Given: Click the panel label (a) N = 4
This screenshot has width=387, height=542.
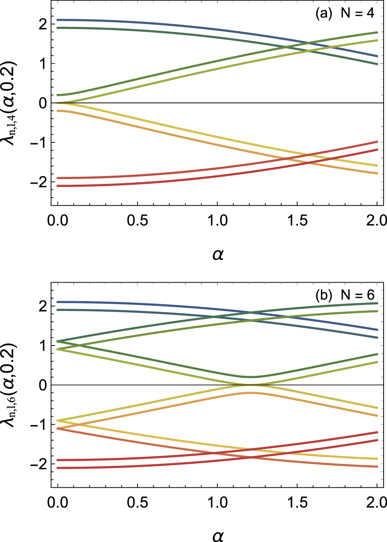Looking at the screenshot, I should pyautogui.click(x=344, y=14).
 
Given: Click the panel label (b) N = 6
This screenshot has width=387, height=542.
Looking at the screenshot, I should pyautogui.click(x=344, y=295).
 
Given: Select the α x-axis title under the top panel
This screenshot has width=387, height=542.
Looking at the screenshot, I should pyautogui.click(x=218, y=255).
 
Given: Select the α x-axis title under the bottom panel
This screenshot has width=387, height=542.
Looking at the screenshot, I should pyautogui.click(x=218, y=536).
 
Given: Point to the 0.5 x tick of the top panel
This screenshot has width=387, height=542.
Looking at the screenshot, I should pyautogui.click(x=137, y=220).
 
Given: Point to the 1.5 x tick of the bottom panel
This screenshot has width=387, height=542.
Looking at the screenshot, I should pyautogui.click(x=298, y=502).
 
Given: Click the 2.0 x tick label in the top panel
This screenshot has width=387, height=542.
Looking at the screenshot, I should pyautogui.click(x=377, y=220).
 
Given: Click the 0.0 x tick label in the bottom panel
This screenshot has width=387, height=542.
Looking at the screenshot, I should pyautogui.click(x=58, y=502).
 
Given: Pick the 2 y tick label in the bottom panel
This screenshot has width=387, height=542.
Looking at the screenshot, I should pyautogui.click(x=42, y=306).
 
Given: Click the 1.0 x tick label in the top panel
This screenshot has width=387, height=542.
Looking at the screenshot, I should pyautogui.click(x=218, y=220).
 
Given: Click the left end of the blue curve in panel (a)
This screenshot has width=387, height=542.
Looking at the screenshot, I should pyautogui.click(x=58, y=20).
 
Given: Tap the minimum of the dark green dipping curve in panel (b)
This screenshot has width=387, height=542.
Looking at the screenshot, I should pyautogui.click(x=251, y=377).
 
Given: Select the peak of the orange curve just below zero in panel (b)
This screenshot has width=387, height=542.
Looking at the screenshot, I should pyautogui.click(x=251, y=393).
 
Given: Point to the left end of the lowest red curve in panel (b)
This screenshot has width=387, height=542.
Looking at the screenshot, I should pyautogui.click(x=58, y=468).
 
